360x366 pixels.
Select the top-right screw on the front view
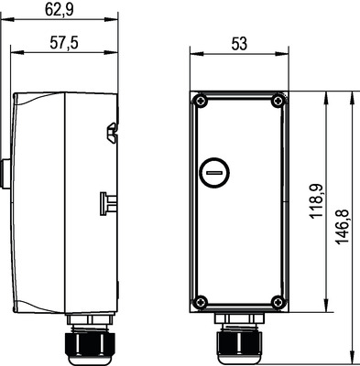[275, 102]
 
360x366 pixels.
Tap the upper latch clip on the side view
[112, 134]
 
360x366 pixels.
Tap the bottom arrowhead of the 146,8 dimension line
[354, 357]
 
